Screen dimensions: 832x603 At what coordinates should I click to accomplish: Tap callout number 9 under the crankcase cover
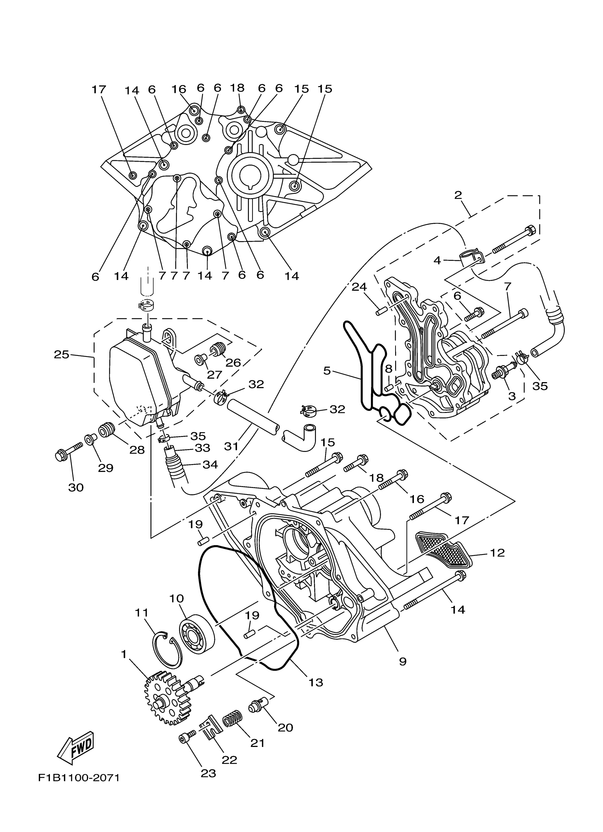point(402,661)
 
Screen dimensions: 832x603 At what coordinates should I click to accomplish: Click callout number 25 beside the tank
point(61,355)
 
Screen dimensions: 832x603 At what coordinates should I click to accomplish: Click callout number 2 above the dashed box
point(458,195)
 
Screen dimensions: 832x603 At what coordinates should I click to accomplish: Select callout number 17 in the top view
point(99,89)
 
